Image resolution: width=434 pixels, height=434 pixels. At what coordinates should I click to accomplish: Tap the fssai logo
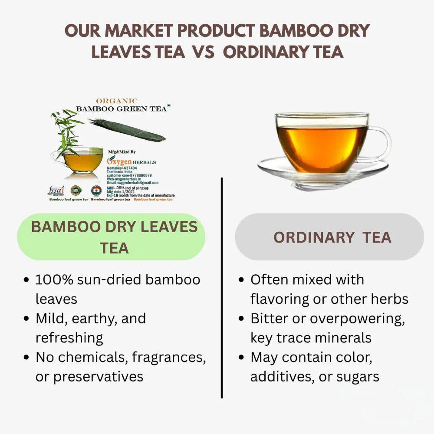click(56, 191)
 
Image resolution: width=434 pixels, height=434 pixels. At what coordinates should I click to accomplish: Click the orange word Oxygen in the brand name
click(117, 161)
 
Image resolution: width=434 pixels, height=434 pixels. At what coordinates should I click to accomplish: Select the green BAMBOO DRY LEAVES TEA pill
click(111, 237)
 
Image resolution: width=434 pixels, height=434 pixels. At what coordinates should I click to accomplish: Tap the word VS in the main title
click(203, 52)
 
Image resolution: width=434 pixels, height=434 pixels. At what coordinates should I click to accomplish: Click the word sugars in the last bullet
click(358, 376)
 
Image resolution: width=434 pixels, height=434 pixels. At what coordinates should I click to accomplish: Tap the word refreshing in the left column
click(69, 338)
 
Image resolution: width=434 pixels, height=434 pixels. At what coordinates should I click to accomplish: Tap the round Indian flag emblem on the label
click(96, 191)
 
